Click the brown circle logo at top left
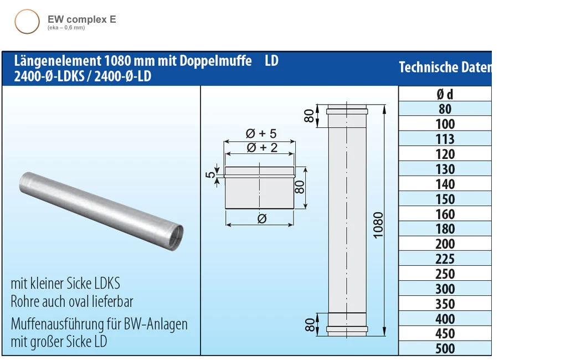click(27, 22)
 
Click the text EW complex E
click(81, 19)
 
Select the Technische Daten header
click(445, 68)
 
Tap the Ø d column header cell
click(445, 94)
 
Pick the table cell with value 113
click(445, 139)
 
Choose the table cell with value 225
click(445, 259)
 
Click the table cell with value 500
click(445, 348)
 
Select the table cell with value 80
click(445, 109)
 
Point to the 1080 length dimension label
click(378, 224)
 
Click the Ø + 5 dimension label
click(260, 133)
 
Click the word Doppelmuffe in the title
click(215, 60)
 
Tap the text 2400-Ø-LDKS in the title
click(50, 76)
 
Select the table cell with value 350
click(445, 304)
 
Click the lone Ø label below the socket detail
click(262, 219)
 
